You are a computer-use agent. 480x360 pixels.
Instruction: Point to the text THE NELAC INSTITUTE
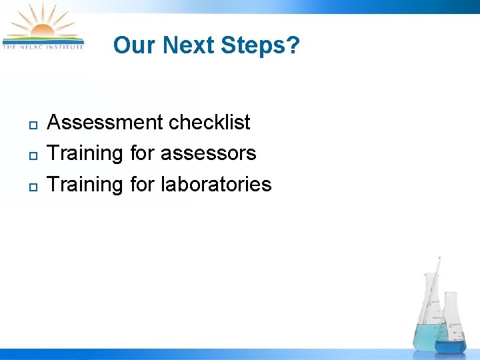[43, 47]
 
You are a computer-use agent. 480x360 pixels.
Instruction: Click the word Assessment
[105, 123]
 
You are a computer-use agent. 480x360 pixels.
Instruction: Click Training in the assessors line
[85, 153]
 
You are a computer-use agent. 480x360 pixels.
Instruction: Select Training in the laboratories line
[85, 184]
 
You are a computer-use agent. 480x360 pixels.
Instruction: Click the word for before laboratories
[142, 184]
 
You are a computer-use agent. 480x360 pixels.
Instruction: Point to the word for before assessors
[142, 153]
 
